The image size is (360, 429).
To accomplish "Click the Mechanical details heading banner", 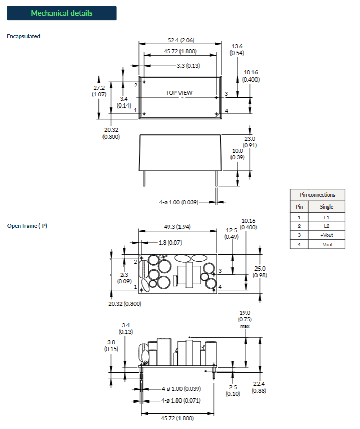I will [x=61, y=13].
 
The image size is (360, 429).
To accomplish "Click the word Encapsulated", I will [x=23, y=36].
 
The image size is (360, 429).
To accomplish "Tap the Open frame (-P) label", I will [x=27, y=226].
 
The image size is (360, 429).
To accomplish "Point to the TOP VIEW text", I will [x=179, y=93].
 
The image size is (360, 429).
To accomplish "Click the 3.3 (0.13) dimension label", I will [x=188, y=66].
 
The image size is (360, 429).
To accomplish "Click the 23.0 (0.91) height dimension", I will [x=250, y=142].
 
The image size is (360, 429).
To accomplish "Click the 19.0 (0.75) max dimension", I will [x=245, y=319].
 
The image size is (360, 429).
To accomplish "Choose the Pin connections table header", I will [x=318, y=195].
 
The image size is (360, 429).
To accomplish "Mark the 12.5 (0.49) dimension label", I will [x=231, y=233].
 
